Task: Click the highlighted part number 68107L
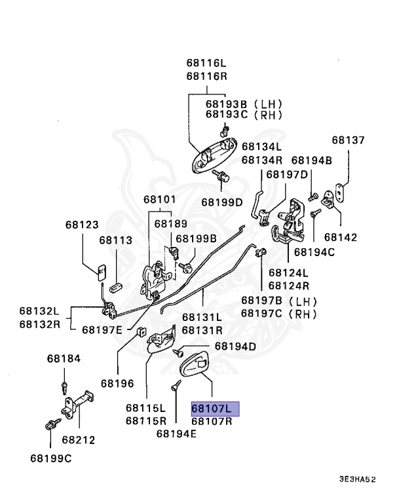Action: coord(211,409)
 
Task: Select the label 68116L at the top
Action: coord(206,63)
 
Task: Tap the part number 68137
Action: coord(349,140)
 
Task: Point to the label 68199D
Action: coord(222,202)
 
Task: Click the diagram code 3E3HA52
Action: coord(357,479)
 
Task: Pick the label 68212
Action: coord(79,440)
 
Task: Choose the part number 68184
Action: coord(64,359)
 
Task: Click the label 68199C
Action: coord(51,458)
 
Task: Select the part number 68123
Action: coord(82,225)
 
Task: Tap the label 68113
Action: coord(115,240)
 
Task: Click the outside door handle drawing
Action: coord(214,155)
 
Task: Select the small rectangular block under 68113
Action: coord(115,287)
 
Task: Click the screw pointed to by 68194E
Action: coord(176,385)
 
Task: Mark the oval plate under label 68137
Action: coord(339,191)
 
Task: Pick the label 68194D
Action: coord(235,346)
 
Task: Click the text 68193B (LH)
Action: coord(244,104)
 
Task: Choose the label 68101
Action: coord(160,200)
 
